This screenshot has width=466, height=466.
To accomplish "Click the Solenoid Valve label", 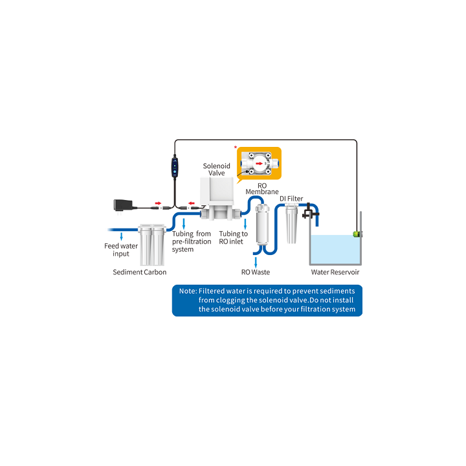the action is [x=216, y=170].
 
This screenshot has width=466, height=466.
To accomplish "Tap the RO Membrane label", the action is [x=262, y=189].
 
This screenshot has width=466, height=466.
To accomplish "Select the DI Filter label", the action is [x=291, y=199].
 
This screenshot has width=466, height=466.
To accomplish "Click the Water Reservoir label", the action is [x=335, y=272].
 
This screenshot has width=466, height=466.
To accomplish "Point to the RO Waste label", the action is [x=256, y=272].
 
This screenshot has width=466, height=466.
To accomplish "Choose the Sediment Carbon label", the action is [x=140, y=272].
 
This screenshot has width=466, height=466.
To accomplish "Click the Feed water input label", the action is [x=121, y=250].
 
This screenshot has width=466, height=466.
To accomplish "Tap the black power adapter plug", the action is [x=123, y=205].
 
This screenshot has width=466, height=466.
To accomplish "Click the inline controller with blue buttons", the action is [x=175, y=168].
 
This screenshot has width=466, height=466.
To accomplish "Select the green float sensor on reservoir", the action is [x=357, y=234].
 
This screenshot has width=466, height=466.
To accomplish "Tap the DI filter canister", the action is [x=291, y=223].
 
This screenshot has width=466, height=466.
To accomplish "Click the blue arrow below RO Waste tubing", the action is [x=256, y=262].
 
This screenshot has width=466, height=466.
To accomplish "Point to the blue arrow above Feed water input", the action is [x=121, y=237].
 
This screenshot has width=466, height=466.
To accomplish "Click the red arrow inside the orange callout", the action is [x=260, y=163].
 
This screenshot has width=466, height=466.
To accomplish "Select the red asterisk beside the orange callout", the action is [x=236, y=147].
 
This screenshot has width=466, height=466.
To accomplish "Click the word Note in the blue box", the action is [x=188, y=291].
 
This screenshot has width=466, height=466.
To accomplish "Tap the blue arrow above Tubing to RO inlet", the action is [x=245, y=224].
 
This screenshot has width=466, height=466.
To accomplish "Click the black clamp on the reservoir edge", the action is [x=310, y=211].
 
